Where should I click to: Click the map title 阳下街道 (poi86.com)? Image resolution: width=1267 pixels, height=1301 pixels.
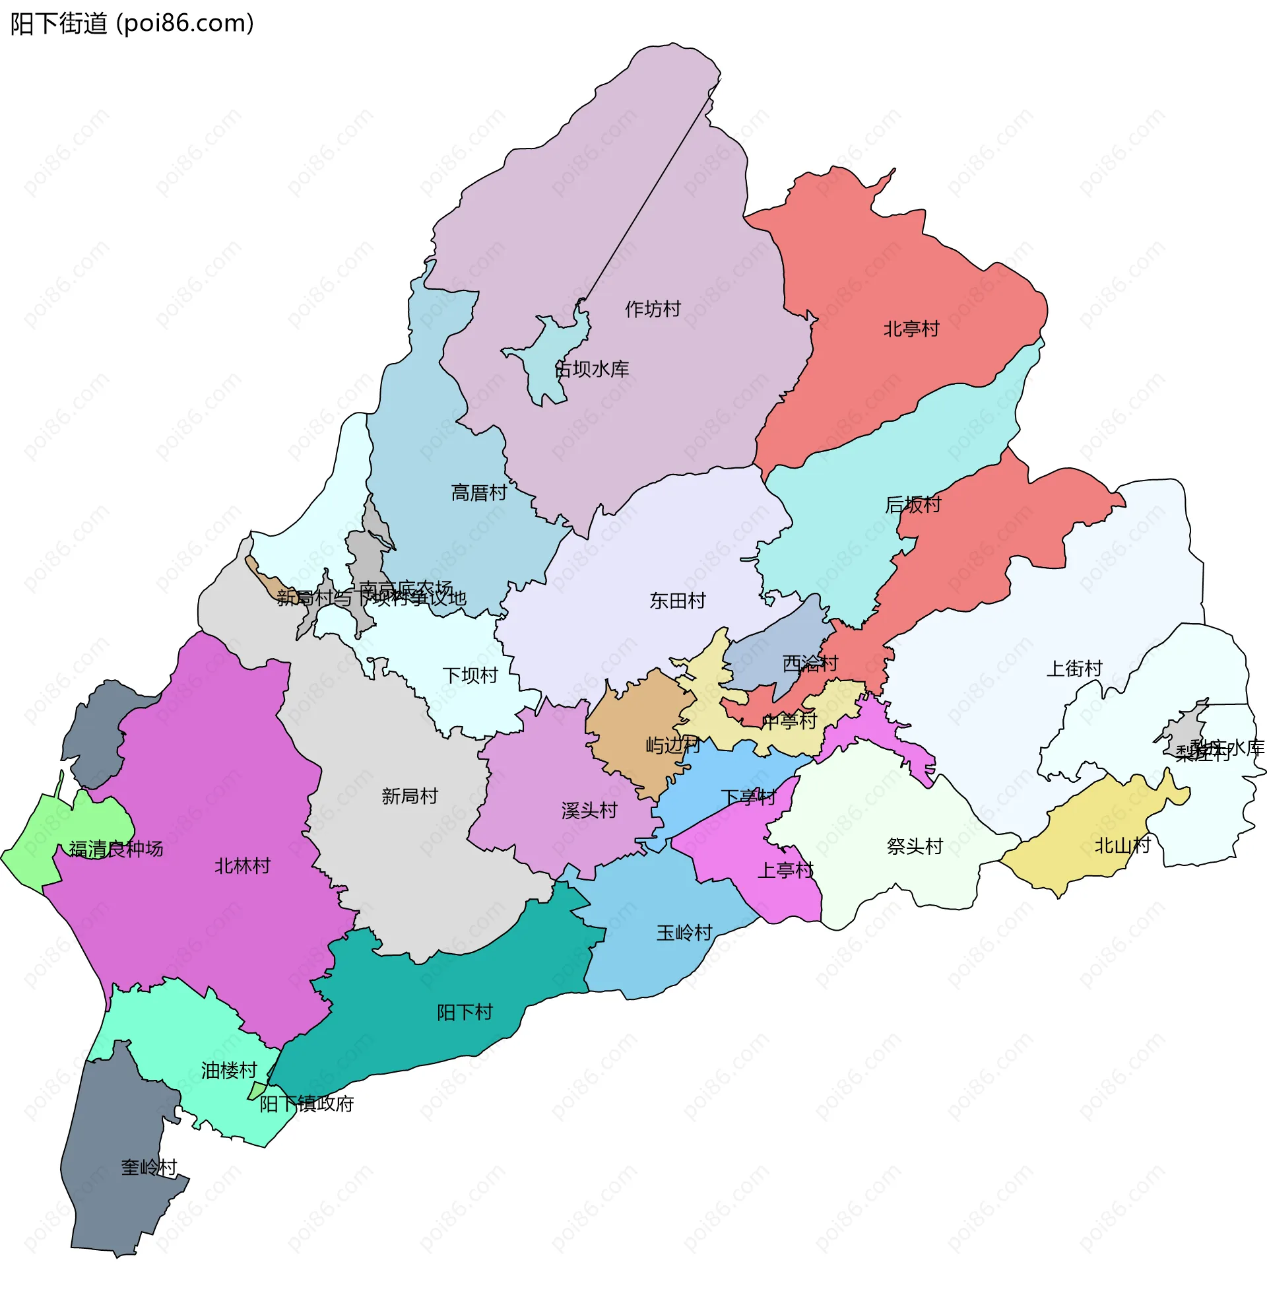(x=132, y=24)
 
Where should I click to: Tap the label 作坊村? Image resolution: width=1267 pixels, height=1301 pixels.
(x=652, y=309)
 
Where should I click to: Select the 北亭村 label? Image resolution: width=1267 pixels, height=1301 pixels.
(x=911, y=329)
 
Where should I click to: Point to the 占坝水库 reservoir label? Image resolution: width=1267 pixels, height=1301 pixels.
(x=591, y=369)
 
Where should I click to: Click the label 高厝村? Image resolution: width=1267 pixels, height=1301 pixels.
(x=478, y=492)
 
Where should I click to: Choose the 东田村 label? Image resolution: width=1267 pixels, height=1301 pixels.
(x=678, y=600)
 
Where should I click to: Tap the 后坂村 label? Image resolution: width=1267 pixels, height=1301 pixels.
(x=913, y=504)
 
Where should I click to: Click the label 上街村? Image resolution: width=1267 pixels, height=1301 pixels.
(x=1074, y=668)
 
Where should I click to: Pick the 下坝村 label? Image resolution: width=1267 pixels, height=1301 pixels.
(x=470, y=675)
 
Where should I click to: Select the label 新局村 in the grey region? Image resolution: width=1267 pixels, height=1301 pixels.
(x=409, y=795)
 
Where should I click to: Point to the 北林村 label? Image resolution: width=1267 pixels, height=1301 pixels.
(x=242, y=865)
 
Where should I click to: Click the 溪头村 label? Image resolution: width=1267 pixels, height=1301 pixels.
(x=589, y=810)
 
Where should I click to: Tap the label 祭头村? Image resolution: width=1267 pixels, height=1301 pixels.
(x=915, y=846)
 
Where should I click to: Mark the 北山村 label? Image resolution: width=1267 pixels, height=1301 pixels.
(x=1122, y=845)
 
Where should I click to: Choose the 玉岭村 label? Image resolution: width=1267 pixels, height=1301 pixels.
(x=684, y=932)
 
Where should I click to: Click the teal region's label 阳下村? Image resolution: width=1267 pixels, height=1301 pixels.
(x=465, y=1012)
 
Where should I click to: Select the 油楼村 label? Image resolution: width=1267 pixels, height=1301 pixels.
(x=229, y=1070)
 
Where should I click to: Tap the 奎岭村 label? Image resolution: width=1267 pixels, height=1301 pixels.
(x=148, y=1166)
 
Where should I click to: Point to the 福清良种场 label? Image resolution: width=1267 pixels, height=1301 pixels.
(x=115, y=848)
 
